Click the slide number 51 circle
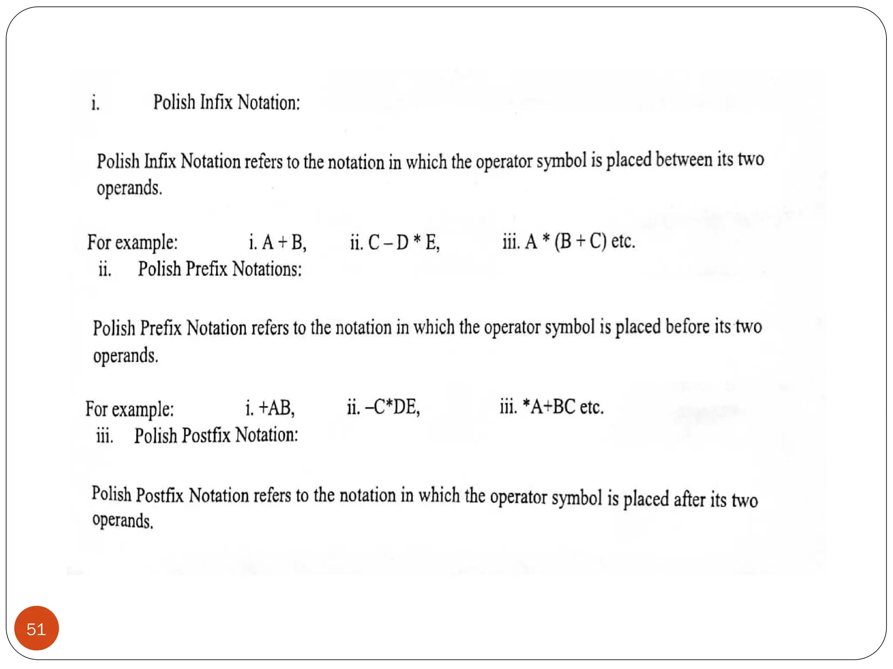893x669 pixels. [x=36, y=628]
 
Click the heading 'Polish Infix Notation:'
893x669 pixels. [x=226, y=103]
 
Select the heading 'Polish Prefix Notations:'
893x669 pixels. [x=220, y=269]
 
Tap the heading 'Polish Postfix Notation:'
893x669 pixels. [x=216, y=436]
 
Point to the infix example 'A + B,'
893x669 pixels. [x=284, y=242]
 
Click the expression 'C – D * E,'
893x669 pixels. [x=404, y=242]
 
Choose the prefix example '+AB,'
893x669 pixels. [x=277, y=408]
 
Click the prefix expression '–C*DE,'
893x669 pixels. [x=392, y=407]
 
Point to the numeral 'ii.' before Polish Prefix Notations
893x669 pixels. [x=105, y=270]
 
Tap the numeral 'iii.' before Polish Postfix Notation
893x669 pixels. [x=105, y=436]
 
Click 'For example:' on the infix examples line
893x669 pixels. [x=133, y=243]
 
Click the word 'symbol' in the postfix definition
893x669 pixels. [x=576, y=497]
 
